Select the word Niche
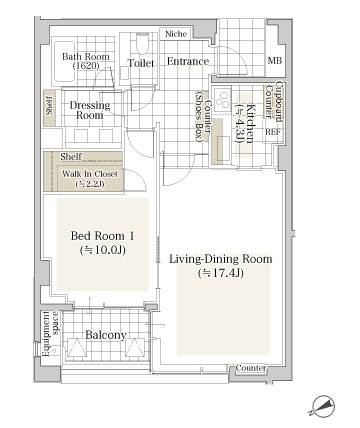click(176, 34)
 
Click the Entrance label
click(188, 61)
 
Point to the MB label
click(275, 61)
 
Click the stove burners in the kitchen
click(222, 99)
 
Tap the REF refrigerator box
click(273, 131)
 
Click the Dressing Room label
click(90, 110)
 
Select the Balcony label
click(106, 335)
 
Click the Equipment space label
click(50, 334)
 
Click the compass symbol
click(321, 406)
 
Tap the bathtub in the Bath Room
click(64, 61)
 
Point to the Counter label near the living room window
click(251, 368)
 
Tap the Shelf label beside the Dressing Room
click(50, 108)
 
